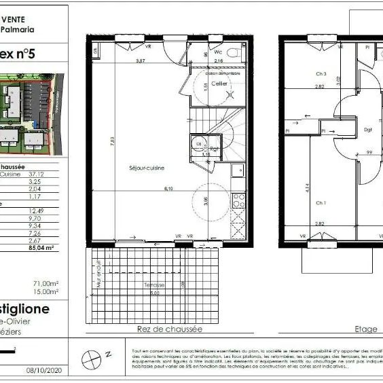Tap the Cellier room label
219,84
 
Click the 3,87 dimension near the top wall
141,61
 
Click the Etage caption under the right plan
365,329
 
